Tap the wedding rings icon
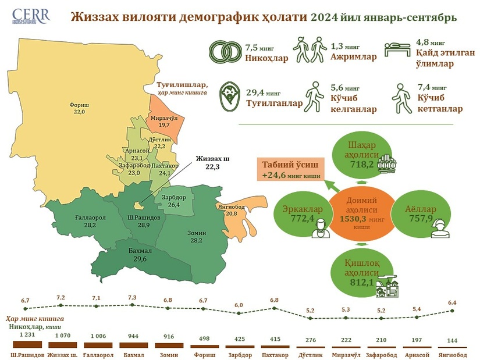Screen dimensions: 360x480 (225, 52)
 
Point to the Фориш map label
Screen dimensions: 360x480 (77, 108)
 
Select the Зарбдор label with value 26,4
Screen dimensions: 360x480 (173, 201)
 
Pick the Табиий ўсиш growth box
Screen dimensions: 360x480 (288, 170)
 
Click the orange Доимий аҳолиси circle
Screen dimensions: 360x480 (356, 213)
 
